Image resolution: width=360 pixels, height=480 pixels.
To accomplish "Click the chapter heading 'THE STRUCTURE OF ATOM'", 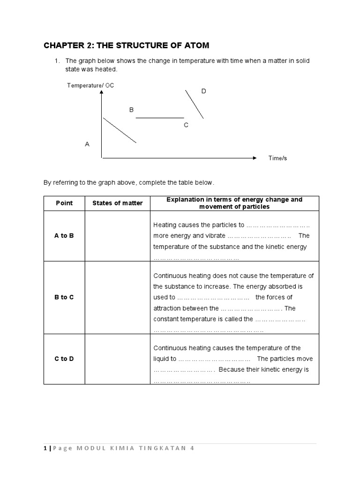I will coord(126,45).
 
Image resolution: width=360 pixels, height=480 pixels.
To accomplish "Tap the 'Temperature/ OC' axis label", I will coord(90,85).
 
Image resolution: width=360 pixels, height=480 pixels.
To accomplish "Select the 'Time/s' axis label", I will coord(277,158).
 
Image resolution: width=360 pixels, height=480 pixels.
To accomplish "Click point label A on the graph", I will coord(87,144).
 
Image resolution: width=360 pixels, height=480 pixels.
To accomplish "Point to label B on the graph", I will coord(132,110).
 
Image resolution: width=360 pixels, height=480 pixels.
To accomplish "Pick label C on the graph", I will coord(186,125).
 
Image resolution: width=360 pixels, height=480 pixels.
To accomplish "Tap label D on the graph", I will coord(203,91).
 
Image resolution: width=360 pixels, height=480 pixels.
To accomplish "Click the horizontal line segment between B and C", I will coord(160,118).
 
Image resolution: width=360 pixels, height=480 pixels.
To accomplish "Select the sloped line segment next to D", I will coord(194,104).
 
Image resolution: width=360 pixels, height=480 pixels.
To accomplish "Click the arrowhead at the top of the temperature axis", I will coord(102,92).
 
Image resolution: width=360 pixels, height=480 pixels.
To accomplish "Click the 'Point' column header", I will coord(64,203).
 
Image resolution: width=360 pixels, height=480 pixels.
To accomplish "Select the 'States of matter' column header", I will coord(117,203).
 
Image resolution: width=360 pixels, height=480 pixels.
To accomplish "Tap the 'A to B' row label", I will coord(64,236).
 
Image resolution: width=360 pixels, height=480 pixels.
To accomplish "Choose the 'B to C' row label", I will coord(64,298).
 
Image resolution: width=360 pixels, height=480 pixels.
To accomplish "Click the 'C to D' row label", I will coord(64,359).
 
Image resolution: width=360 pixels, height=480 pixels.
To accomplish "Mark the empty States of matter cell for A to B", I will coord(117,236).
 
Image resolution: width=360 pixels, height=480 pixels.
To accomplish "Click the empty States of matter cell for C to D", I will coord(117,359).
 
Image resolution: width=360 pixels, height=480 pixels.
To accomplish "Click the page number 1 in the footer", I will coord(45,448).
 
